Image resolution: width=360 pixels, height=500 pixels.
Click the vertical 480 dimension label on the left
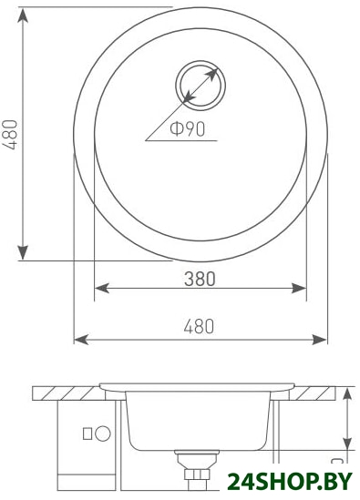coord(10,134)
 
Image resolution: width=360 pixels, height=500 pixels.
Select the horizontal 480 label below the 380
coord(199,326)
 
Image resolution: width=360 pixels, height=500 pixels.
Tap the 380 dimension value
coord(201,279)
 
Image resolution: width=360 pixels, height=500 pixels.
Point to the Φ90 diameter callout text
coord(187,128)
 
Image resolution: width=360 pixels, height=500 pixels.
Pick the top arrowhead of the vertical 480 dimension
coord(23,15)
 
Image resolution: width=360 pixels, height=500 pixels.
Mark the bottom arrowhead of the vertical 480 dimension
coord(23,252)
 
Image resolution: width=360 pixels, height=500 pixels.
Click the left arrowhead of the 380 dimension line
coord(102,289)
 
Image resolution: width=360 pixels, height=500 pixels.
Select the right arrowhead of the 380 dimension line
coord(299,289)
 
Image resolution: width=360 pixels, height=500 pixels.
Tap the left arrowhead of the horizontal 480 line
coord(81,340)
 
